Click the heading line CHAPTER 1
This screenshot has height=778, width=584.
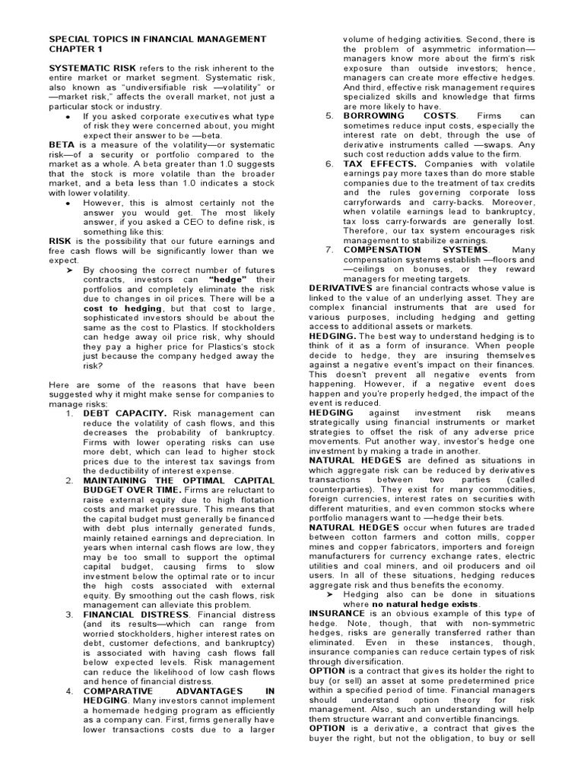76,49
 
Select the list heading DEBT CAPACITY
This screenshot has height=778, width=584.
125,413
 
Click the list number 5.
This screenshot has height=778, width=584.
329,116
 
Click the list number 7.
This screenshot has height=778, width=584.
329,250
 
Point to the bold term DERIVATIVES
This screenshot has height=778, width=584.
341,288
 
